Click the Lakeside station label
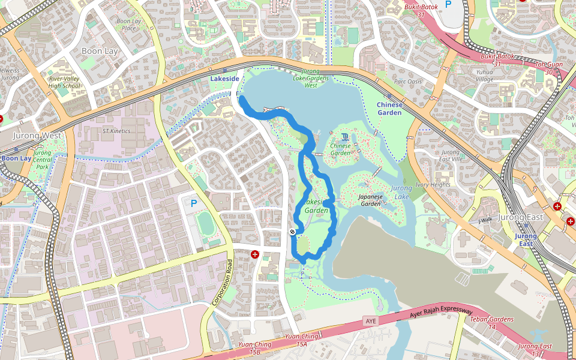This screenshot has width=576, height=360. coord(224,79)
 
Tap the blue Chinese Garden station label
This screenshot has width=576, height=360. coord(389,108)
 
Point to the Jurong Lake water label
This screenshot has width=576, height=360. coord(401,192)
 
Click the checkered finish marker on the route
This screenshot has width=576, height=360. coord(292,231)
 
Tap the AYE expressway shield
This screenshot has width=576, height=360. coord(371,322)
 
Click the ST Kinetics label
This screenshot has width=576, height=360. coord(116,130)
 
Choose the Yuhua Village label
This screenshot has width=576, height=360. coord(485,75)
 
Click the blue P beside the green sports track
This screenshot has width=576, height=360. coord(193,204)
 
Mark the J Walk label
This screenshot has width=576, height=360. coord(485,220)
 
